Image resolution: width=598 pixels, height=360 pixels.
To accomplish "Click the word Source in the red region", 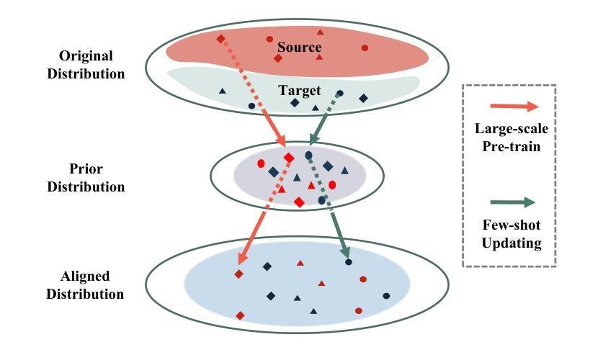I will click(x=299, y=48).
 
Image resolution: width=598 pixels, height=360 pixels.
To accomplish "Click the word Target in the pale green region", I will click(x=300, y=91).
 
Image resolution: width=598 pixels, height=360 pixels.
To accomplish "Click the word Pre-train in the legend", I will click(x=512, y=145).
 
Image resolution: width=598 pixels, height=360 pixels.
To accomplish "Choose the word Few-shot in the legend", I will click(x=512, y=226).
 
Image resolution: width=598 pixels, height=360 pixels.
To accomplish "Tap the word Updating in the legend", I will click(x=512, y=243).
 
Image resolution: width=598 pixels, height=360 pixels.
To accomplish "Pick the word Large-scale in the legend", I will click(x=512, y=129).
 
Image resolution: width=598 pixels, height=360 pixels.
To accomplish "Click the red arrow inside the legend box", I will click(x=513, y=107).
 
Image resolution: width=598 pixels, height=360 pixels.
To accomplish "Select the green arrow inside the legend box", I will click(x=513, y=202).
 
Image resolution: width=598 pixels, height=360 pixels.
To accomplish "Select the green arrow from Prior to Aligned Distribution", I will click(x=331, y=208).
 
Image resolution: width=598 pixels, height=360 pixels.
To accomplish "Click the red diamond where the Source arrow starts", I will click(x=220, y=38).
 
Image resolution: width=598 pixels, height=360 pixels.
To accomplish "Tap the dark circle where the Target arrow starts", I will click(x=340, y=93).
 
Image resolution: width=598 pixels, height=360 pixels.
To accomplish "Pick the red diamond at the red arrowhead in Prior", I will click(x=289, y=158).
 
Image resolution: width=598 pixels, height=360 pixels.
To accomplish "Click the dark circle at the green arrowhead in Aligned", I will click(x=349, y=262).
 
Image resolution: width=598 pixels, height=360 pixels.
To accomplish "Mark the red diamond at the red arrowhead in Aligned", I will click(x=238, y=274).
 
